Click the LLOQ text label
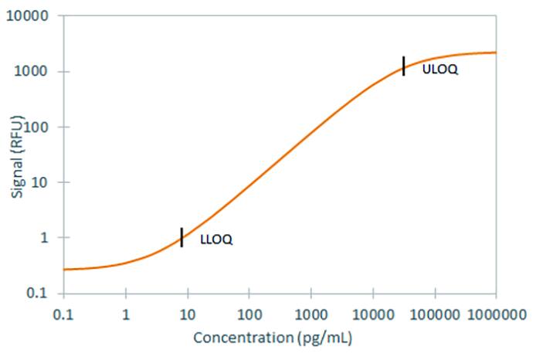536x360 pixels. coord(216,239)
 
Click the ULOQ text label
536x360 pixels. coord(440,70)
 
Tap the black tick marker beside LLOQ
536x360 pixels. coord(181,237)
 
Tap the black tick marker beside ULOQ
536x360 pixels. coord(403,66)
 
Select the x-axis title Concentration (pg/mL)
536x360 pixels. coord(273,338)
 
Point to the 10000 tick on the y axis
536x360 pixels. coord(31,16)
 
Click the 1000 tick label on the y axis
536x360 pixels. coord(34,72)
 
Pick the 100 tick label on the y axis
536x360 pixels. coord(37,127)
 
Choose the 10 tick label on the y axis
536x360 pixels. coord(40,182)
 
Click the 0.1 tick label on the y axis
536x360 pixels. coord(39,294)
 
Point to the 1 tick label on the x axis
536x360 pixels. coord(125,314)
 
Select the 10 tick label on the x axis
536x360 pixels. coord(187,314)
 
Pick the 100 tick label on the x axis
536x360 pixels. coord(249,314)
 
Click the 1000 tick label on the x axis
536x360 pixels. coord(310,314)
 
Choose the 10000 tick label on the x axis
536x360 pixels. coord(372,314)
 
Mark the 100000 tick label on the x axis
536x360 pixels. coord(434,314)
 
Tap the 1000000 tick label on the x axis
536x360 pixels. coord(495,314)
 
